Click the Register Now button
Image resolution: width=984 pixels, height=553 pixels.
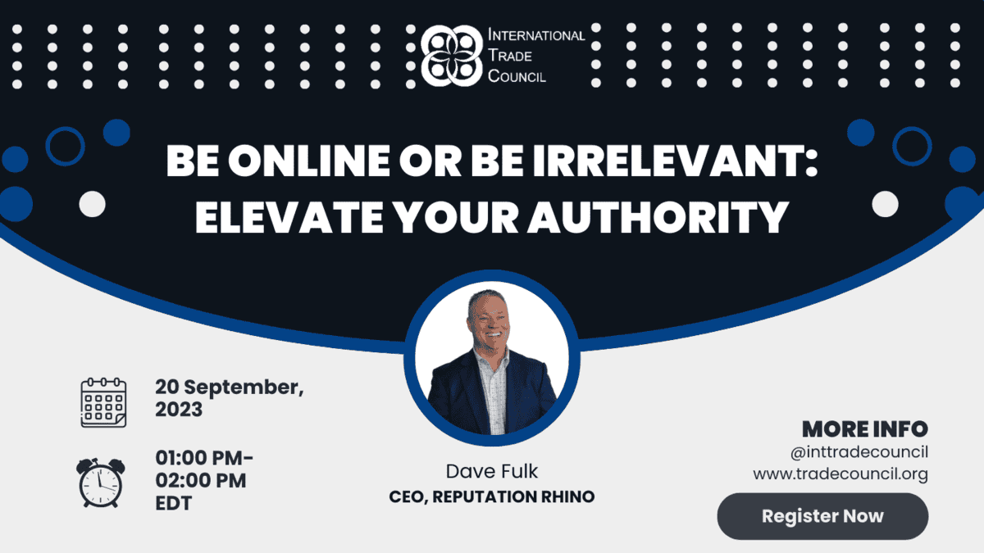point(822,516)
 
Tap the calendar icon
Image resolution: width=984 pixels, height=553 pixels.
point(103,402)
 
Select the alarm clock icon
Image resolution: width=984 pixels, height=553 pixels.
point(101,483)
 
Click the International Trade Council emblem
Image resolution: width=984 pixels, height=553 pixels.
point(452,56)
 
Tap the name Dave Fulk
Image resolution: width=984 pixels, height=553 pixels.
point(491,471)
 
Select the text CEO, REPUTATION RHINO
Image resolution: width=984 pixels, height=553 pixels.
point(491,496)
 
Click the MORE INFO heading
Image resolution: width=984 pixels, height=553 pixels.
point(865,429)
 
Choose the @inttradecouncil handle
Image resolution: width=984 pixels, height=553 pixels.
point(859,452)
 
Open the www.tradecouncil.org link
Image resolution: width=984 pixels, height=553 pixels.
point(840,474)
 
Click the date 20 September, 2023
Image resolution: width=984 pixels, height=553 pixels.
point(230,398)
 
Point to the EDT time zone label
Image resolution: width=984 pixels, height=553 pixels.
point(174,503)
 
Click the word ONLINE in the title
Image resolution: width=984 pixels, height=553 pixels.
point(309,161)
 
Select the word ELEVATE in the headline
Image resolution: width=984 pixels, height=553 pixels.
point(289,217)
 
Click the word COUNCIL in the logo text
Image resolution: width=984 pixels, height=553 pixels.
point(517,76)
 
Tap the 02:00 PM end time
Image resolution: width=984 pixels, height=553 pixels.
point(201,480)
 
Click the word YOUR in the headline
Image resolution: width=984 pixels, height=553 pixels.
point(455,217)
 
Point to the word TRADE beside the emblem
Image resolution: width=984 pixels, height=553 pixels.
point(509,56)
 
